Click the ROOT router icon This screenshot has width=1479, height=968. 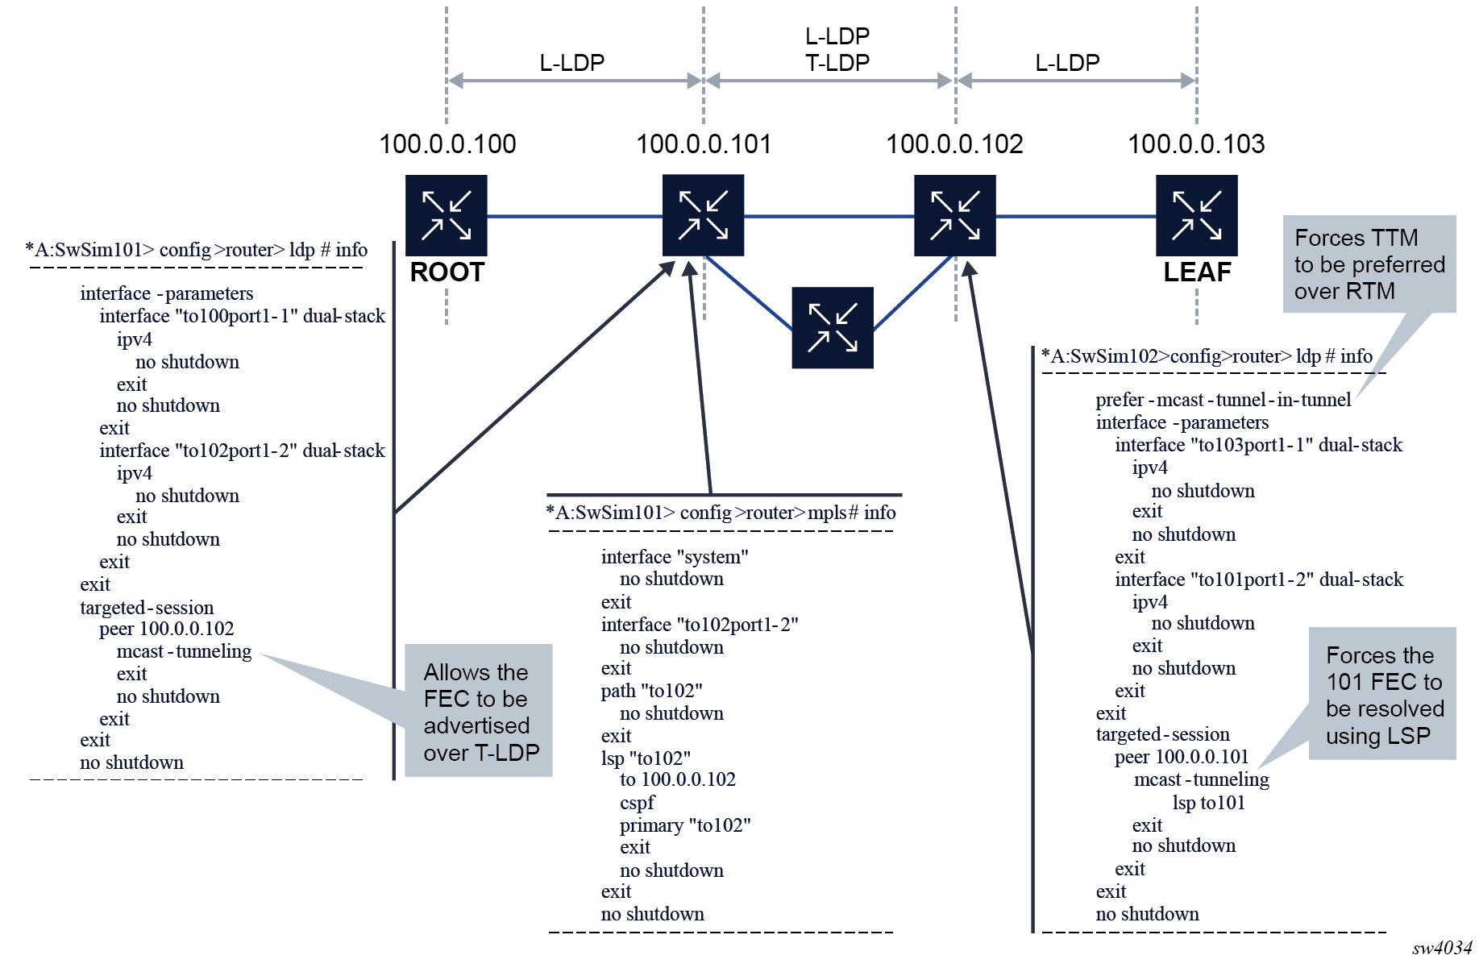(446, 216)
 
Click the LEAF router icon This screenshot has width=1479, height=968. (1196, 216)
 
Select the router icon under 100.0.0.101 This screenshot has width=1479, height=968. (703, 216)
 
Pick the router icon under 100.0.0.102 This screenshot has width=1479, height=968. (954, 216)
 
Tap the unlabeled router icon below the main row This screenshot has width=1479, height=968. (832, 328)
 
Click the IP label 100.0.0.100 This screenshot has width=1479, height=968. (447, 144)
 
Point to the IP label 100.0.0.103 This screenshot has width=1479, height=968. (1196, 144)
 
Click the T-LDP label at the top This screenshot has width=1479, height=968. (837, 63)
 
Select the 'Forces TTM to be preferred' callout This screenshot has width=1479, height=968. (1369, 264)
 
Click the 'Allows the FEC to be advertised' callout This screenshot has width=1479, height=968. (479, 711)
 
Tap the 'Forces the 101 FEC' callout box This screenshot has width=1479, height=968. (1383, 695)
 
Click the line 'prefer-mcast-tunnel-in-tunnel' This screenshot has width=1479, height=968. (1223, 400)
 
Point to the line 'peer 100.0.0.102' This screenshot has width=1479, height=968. (166, 629)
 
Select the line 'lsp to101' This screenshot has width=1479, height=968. (1208, 803)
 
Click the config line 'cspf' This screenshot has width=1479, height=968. (637, 803)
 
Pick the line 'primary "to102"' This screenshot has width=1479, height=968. (685, 825)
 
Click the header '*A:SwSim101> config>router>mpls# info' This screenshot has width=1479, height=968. (721, 513)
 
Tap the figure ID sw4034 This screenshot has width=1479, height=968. (1442, 948)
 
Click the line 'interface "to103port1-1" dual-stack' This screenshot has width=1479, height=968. (1258, 445)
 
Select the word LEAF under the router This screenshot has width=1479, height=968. (1197, 272)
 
